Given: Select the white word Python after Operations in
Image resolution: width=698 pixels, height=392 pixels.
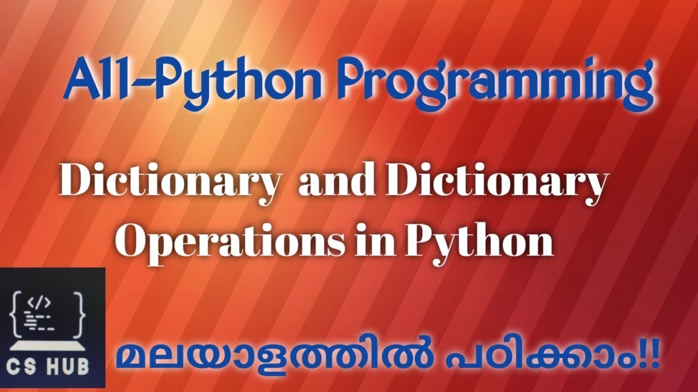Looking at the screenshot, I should click(x=478, y=242).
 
